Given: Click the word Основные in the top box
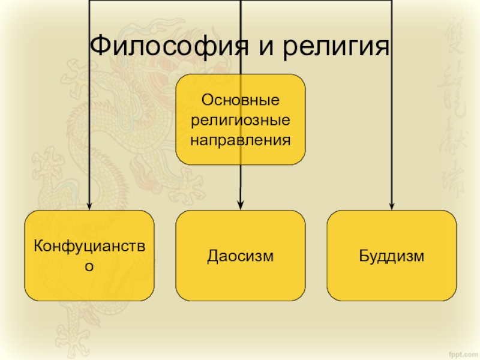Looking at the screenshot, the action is pos(240,98).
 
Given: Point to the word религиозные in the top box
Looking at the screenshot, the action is pos(240,119).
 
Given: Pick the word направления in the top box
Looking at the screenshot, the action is pos(240,141).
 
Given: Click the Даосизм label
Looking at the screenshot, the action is pos(240,256).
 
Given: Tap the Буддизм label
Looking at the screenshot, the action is pos(391,256).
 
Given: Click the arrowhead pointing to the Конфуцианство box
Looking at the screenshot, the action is pos(89,205).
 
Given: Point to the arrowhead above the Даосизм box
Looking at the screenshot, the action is pos(240,205).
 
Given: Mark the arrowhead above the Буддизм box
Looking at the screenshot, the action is pos(391,205).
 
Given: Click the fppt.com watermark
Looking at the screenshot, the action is pos(463,352).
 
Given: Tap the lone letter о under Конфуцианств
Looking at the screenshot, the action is pos(89,266).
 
